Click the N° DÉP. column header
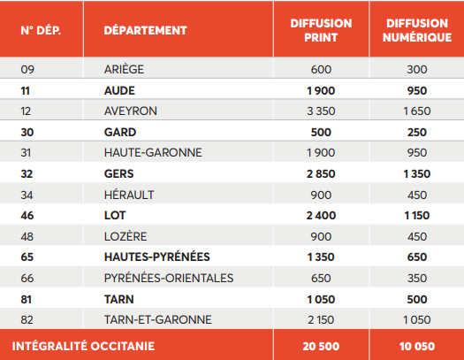41,30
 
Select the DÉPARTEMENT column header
145,30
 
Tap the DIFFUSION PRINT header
321,30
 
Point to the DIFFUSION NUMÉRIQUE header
417,30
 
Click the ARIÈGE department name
124,69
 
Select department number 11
25,90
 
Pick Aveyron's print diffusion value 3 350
321,111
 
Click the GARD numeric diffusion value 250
417,132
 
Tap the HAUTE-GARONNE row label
153,153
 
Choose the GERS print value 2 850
321,173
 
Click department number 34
27,195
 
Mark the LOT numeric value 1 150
417,216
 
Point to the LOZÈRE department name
126,236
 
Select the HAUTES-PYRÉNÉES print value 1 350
321,257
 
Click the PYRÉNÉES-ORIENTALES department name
169,278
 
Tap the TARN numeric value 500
417,299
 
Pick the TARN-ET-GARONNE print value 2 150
321,319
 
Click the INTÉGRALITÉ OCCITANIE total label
83,346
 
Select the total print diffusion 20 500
321,346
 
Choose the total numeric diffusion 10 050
417,346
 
